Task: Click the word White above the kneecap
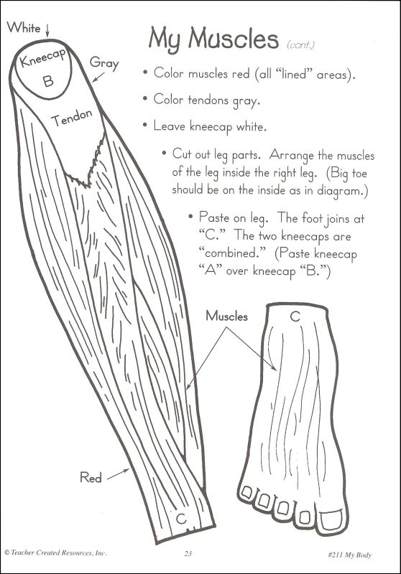[x=24, y=27]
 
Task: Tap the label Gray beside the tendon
[x=104, y=63]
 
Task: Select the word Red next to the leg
[x=91, y=477]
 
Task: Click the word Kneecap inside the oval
[x=43, y=58]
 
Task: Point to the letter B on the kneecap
[x=48, y=80]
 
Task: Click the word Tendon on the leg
[x=71, y=118]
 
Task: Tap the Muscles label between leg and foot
[x=226, y=316]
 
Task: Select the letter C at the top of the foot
[x=295, y=316]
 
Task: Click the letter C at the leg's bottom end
[x=181, y=518]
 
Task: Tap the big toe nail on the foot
[x=331, y=519]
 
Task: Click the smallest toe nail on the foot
[x=247, y=492]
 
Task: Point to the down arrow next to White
[x=47, y=30]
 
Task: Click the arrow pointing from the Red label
[x=118, y=474]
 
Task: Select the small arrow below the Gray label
[x=98, y=77]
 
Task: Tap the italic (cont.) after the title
[x=301, y=45]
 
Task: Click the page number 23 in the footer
[x=188, y=553]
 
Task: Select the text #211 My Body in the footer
[x=350, y=555]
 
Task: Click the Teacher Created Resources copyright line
[x=55, y=552]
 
